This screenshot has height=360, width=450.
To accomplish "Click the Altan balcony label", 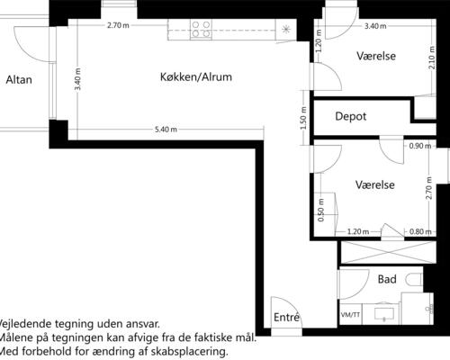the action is (x=19, y=80).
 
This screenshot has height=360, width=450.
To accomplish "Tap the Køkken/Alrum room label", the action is (x=196, y=77).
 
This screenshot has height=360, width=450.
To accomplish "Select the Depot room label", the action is (x=351, y=116).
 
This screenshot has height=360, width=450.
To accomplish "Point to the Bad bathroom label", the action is (x=387, y=279).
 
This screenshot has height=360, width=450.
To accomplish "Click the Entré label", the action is (x=286, y=317).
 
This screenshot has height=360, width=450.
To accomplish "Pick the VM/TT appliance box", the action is (x=350, y=314).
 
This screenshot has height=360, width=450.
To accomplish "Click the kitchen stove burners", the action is (x=201, y=29).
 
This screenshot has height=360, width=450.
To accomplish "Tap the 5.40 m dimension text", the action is (x=166, y=130).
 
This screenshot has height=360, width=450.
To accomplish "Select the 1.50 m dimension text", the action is (x=303, y=118).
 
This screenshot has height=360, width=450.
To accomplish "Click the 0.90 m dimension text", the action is (x=420, y=146).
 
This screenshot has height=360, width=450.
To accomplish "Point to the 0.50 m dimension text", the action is (x=320, y=210).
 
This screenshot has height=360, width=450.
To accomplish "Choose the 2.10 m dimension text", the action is (x=432, y=58).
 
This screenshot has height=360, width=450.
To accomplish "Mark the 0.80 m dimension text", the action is (x=420, y=231).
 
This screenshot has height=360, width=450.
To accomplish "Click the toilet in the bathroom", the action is (x=414, y=280).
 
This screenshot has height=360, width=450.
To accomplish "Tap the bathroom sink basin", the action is (x=384, y=313).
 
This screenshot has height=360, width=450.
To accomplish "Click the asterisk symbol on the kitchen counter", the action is (x=286, y=29).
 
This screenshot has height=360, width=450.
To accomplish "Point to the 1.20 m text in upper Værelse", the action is (x=319, y=40).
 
